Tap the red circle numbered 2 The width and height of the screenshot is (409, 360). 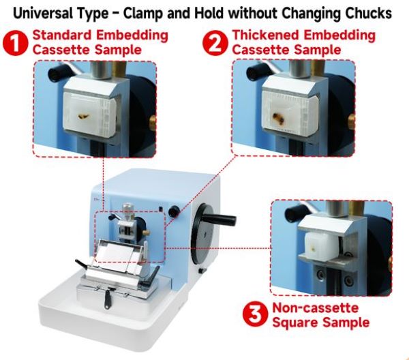coord(215,43)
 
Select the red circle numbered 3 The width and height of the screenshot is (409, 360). coord(255,314)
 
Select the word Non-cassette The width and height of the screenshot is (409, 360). coord(316,307)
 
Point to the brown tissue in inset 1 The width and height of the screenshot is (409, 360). coord(83,116)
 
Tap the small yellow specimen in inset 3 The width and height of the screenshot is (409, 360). coord(314,249)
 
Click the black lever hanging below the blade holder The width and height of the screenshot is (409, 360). coord(108,299)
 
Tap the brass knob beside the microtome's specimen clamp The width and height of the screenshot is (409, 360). coord(147,232)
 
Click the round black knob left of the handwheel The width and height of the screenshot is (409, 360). coord(174,211)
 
